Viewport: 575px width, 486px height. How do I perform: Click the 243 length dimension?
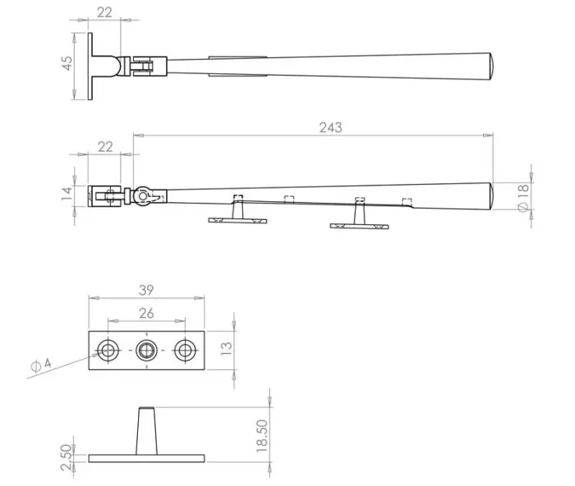point(330,127)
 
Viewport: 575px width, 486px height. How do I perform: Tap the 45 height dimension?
point(67,63)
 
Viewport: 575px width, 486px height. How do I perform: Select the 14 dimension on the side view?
point(67,194)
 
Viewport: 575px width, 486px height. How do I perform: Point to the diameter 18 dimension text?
point(523,198)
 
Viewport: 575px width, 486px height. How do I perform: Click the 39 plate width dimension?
point(146,291)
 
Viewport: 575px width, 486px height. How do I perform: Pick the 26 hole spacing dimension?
point(146,314)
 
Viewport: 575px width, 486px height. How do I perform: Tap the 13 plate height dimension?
point(226,348)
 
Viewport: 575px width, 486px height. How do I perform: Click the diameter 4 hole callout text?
point(41,364)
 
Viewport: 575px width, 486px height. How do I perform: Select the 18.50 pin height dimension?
point(262,435)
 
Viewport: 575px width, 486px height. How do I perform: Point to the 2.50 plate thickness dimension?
point(66,457)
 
